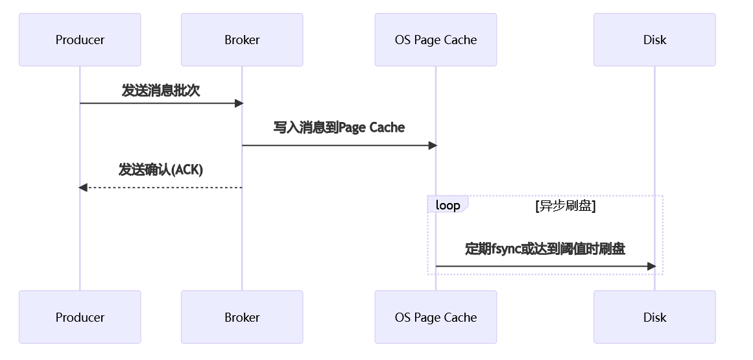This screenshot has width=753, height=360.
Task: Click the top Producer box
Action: [80, 40]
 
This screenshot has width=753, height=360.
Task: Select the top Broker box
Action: [242, 40]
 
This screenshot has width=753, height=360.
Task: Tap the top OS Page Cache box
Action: [435, 40]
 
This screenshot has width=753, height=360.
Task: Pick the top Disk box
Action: [654, 40]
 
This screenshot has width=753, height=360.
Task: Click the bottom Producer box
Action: [80, 317]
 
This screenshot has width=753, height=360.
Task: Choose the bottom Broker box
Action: [242, 317]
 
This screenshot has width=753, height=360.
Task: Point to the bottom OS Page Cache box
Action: [435, 317]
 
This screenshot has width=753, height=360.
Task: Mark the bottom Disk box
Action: [654, 317]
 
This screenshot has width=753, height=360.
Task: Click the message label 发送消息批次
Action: [161, 90]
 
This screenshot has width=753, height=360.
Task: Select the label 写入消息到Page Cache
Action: [339, 127]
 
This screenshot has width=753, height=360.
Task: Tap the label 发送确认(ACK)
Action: [161, 170]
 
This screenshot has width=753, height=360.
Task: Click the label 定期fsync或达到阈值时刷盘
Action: [545, 248]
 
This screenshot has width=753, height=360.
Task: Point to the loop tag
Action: [448, 205]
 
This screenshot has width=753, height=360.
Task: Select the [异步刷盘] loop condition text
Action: [565, 206]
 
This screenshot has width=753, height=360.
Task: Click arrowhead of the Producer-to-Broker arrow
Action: [239, 103]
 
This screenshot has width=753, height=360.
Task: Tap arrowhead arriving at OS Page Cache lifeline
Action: [433, 145]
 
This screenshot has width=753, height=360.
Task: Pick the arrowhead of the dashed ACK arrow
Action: [83, 187]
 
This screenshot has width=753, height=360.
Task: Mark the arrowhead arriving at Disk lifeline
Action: [651, 266]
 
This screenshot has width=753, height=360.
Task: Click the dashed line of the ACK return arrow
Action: [162, 187]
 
